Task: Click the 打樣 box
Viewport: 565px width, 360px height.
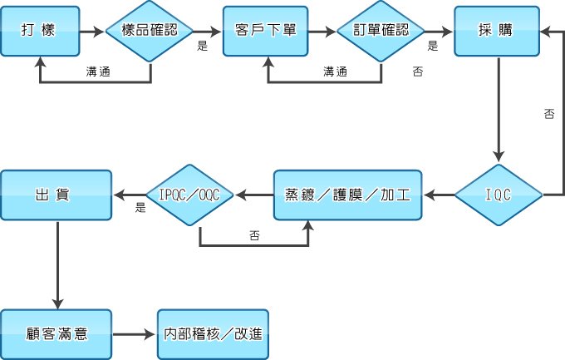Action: [x=41, y=30]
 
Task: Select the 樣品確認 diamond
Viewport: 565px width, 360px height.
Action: [x=150, y=30]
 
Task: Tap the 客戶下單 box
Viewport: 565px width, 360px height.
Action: [x=266, y=30]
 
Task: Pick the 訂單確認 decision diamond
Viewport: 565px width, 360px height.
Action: [x=381, y=30]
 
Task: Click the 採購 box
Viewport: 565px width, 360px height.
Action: [x=497, y=30]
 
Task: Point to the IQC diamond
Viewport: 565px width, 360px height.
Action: [x=498, y=195]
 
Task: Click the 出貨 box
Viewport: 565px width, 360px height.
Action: [x=56, y=195]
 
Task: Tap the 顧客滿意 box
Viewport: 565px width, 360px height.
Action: [x=56, y=334]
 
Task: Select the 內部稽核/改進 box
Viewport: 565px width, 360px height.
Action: [x=213, y=334]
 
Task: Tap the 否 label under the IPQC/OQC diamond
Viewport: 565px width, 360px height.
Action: [x=253, y=236]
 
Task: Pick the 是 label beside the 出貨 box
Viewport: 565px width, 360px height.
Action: [x=140, y=208]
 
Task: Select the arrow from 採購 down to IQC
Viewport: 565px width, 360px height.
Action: [x=499, y=108]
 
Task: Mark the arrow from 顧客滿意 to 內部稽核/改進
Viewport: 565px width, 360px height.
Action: [x=133, y=334]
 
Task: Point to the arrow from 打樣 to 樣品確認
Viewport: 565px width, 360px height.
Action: [x=93, y=31]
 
